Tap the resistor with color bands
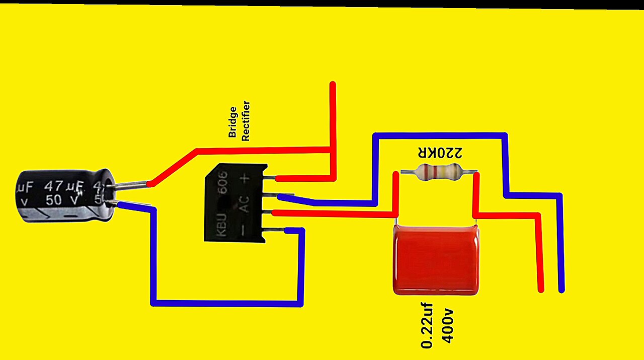coord(438,172)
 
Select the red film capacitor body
coord(436,260)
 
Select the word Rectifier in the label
coord(246,121)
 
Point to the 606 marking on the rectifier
coord(223,183)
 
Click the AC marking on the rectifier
coord(245,204)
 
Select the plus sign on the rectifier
coord(245,178)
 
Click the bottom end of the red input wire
coord(541,289)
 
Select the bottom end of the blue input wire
coord(561,289)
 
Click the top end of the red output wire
coord(333,85)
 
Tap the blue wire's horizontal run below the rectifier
coord(226,303)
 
